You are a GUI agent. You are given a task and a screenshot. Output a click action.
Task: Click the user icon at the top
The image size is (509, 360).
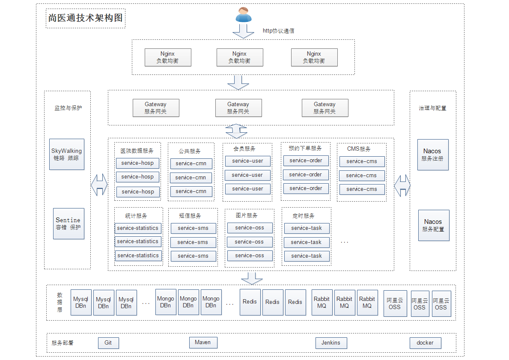(x=243, y=15)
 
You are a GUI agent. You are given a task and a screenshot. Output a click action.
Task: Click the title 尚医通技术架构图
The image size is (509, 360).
(x=85, y=18)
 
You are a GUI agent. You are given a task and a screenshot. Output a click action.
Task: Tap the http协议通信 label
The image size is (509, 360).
(x=278, y=31)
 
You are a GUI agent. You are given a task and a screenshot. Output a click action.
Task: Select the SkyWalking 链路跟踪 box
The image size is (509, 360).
(x=67, y=154)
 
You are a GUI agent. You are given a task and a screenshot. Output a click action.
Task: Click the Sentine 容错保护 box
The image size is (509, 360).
(x=68, y=223)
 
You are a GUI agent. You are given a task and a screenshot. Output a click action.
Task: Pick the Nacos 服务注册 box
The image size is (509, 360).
(x=433, y=155)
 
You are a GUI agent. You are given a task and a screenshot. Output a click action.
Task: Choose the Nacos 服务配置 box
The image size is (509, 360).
(x=434, y=225)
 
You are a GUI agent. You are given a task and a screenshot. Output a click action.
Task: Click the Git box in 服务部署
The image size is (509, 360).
(x=108, y=343)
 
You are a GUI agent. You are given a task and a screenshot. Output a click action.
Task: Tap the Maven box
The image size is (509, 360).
(x=203, y=342)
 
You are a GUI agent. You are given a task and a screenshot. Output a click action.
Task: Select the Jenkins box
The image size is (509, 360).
(x=331, y=343)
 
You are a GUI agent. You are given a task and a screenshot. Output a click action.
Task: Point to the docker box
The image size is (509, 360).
(x=425, y=343)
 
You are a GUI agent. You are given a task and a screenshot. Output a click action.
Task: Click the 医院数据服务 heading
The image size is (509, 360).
(x=137, y=151)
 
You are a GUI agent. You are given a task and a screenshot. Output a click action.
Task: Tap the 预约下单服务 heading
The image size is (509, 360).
(x=305, y=148)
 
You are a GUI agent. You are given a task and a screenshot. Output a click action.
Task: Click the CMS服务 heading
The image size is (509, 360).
(x=359, y=149)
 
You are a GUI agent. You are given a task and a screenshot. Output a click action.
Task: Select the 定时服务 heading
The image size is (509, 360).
(x=304, y=216)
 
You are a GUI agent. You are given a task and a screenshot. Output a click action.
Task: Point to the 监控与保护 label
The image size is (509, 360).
(x=68, y=108)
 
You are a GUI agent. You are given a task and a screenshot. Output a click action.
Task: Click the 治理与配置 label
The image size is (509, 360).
(x=432, y=108)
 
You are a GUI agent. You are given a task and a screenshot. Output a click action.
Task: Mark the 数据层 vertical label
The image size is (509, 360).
(x=60, y=302)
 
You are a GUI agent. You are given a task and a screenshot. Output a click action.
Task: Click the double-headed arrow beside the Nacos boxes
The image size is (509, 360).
(x=402, y=186)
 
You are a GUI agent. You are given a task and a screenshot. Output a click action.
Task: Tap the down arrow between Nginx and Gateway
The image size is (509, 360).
(x=238, y=82)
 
